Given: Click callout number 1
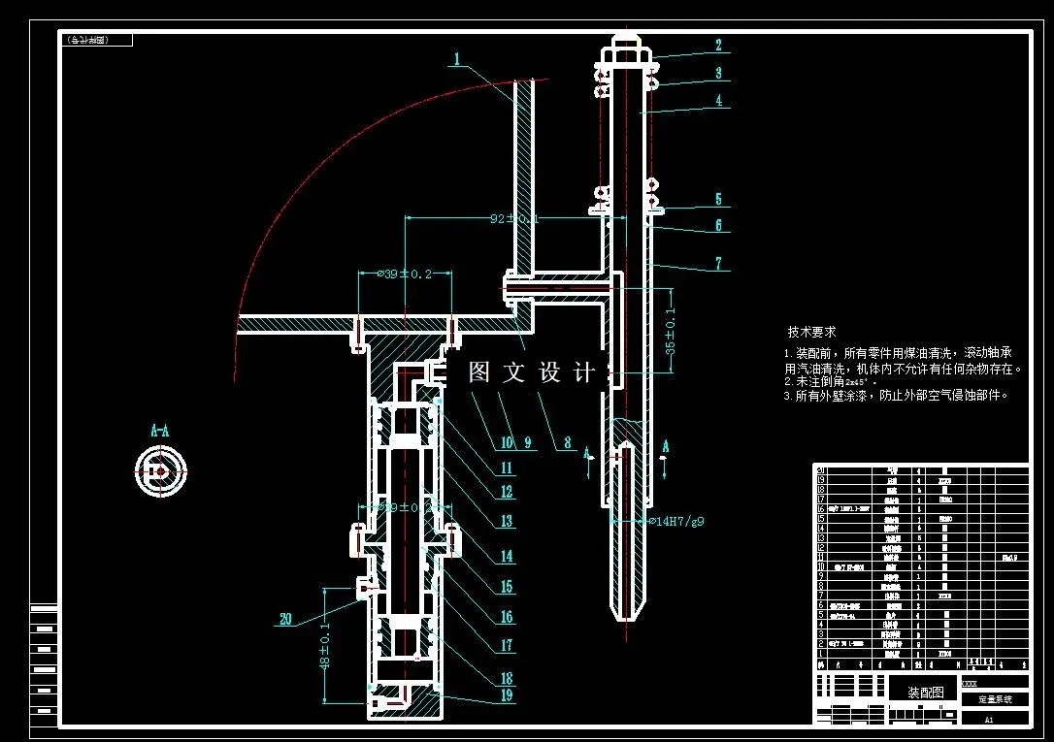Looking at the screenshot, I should [x=455, y=59].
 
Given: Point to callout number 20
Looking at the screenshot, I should [x=284, y=620].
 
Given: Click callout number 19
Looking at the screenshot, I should [x=507, y=694].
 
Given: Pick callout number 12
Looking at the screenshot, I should [x=507, y=492].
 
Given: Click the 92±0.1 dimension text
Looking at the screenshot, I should [x=513, y=219].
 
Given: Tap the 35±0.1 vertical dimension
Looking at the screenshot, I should [x=670, y=332].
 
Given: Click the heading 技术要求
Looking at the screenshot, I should [x=811, y=332].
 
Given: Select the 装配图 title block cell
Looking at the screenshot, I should [x=924, y=693].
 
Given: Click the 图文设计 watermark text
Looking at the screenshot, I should [x=531, y=371].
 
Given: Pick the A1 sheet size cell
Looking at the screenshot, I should [x=989, y=720].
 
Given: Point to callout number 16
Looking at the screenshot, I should [x=507, y=617].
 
